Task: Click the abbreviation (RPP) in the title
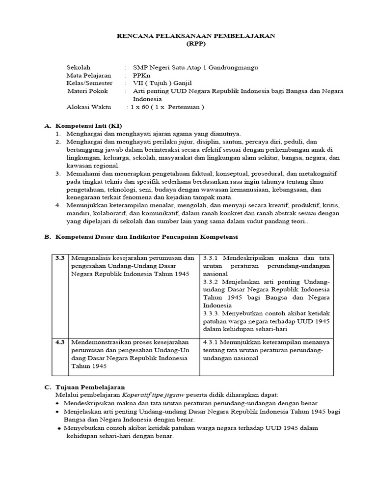195,43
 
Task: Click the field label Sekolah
79,67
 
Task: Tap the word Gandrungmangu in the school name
233,67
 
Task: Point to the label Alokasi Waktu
89,107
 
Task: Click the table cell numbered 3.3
60,258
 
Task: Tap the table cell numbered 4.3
60,342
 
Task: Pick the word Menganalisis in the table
90,258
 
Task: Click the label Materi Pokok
87,91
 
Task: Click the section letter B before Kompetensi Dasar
48,237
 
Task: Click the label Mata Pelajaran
89,75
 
